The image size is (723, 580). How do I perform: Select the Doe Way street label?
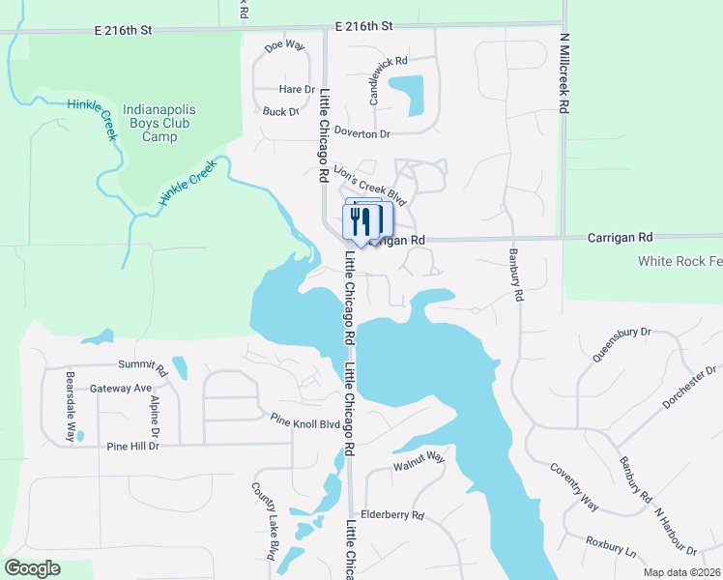click(284, 45)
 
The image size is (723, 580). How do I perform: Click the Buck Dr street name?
click(281, 112)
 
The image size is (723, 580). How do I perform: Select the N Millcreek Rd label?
click(562, 74)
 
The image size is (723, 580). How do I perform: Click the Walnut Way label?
click(419, 462)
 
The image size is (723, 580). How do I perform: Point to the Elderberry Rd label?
click(391, 515)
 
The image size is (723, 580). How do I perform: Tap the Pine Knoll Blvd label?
click(305, 421)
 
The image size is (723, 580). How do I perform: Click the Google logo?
click(32, 568)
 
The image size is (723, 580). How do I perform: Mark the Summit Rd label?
click(143, 365)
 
